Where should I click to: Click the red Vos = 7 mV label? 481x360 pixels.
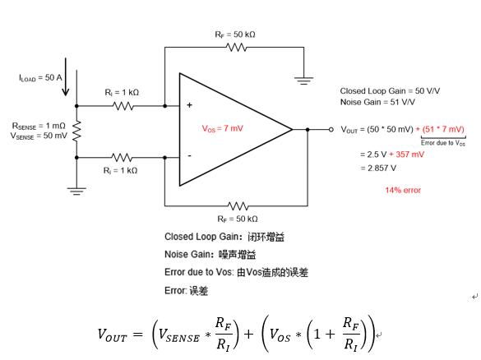222,128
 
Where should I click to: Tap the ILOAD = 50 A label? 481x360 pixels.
40,78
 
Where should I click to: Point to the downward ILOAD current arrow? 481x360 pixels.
65,77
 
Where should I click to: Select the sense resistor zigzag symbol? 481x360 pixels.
76,132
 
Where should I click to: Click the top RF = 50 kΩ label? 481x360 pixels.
235,35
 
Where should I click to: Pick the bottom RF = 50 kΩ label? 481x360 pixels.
238,219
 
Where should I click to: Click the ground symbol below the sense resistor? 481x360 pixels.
76,191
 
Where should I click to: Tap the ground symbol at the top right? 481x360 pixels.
303,81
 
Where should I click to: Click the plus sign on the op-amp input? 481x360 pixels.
190,105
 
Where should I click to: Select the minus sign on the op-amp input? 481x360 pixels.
190,156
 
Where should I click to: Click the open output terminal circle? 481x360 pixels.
331,129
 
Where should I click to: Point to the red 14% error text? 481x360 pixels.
403,191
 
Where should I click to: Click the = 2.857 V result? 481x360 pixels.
378,168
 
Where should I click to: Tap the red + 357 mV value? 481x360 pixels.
407,155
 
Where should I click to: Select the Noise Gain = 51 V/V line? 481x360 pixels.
377,102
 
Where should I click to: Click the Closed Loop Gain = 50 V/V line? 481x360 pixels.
390,91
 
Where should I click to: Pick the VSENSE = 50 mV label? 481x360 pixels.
39,136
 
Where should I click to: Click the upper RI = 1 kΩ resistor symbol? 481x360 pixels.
123,106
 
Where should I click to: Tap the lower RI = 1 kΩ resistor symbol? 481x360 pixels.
122,157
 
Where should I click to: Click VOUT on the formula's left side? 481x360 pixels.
112,335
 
